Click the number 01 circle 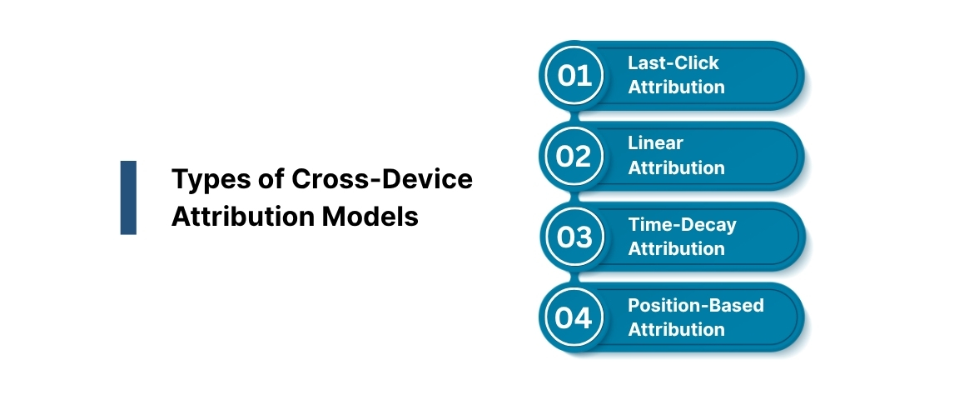pos(574,76)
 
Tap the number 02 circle pos(574,157)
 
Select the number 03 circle pos(574,237)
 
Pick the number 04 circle pos(574,318)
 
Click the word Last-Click pos(673,63)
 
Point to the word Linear pos(655,143)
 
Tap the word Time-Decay pos(682,224)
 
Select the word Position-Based pos(695,305)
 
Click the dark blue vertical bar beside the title pos(128,197)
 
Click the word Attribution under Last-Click pos(676,87)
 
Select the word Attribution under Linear pos(676,168)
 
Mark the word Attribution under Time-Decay pos(676,249)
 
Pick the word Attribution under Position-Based pos(676,330)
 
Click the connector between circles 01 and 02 pos(574,116)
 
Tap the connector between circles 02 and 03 pos(574,197)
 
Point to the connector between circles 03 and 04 pos(574,277)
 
